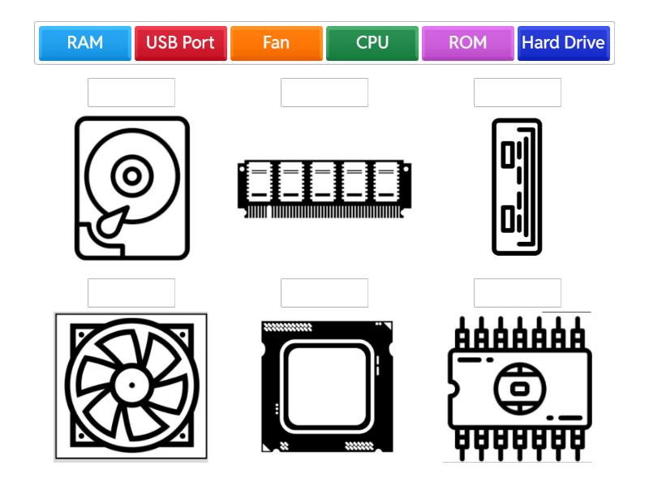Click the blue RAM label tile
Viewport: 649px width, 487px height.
pos(85,43)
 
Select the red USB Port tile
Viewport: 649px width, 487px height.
pos(180,43)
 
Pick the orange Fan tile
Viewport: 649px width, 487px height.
pos(276,43)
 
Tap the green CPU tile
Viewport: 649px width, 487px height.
pos(372,43)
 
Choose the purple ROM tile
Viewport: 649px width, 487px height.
pos(468,43)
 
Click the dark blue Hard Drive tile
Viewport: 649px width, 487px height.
pos(563,43)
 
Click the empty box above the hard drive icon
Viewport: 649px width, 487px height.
pos(131,93)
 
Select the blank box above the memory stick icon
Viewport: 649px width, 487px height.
pos(324,93)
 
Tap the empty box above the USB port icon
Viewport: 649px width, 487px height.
pos(518,93)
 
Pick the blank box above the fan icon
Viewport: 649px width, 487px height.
pos(131,293)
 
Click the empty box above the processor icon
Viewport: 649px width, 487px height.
pos(324,293)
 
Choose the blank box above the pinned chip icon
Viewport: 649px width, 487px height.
pos(518,293)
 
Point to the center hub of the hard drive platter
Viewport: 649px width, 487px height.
pos(132,176)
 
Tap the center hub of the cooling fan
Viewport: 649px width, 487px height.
pos(131,385)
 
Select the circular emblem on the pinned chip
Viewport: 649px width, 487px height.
pos(520,389)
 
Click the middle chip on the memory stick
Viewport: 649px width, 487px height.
pos(323,182)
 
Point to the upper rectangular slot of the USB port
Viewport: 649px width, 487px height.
pos(508,154)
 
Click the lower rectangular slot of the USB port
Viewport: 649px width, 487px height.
pos(508,218)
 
